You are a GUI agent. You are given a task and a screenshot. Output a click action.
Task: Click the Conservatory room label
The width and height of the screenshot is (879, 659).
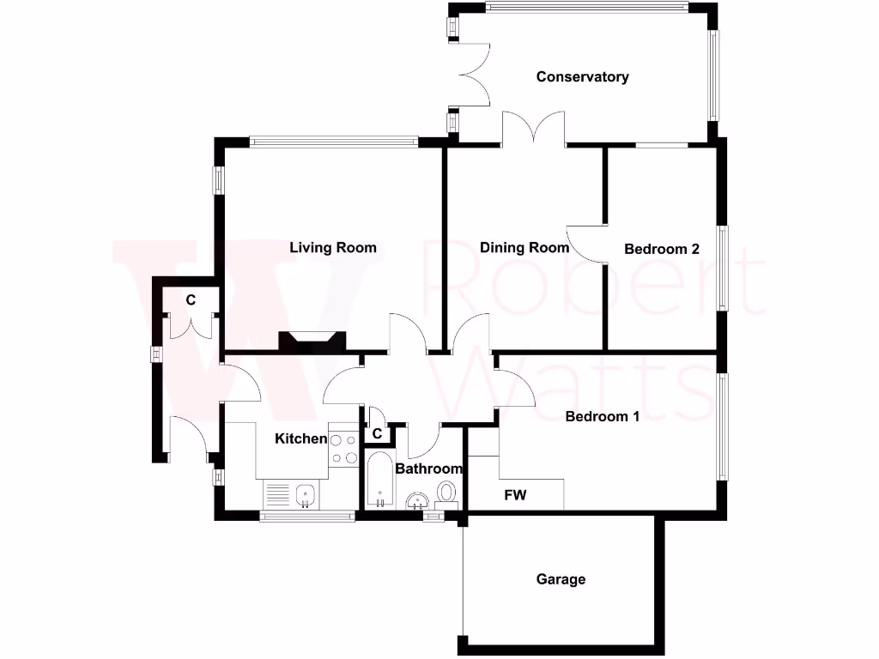582,77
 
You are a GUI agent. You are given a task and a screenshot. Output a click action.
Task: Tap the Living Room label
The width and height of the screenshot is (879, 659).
333,248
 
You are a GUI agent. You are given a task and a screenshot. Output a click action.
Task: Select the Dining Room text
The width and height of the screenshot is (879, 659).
524,248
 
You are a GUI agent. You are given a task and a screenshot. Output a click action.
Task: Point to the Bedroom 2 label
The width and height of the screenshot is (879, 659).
661,249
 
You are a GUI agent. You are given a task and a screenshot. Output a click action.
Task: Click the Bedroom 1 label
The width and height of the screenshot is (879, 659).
602,417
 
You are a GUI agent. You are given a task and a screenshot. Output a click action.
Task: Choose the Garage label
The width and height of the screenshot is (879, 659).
561,579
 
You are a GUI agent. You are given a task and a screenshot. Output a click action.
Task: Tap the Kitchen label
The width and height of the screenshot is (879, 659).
300,439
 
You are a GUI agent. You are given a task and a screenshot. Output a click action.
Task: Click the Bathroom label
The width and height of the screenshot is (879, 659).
428,469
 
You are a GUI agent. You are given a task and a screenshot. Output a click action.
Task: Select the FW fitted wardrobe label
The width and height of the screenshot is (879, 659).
515,495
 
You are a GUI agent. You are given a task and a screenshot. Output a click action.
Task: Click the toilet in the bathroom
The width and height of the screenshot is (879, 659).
446,493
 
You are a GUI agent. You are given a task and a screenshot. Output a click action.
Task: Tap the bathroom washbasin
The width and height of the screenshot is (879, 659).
418,501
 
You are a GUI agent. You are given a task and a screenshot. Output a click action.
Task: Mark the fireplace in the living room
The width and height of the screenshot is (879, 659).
311,342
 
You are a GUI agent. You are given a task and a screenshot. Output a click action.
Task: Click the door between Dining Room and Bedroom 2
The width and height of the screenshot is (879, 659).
585,243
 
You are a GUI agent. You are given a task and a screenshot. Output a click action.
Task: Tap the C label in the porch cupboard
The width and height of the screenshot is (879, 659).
191,300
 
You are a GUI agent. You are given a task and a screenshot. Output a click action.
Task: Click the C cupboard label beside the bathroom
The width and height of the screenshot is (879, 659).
377,434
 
